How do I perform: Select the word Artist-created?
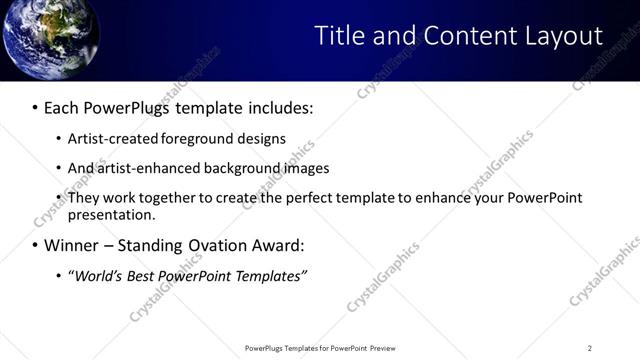pos(108,139)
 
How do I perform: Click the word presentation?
pos(110,214)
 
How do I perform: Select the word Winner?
pos(71,245)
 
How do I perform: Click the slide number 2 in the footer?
pos(589,348)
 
